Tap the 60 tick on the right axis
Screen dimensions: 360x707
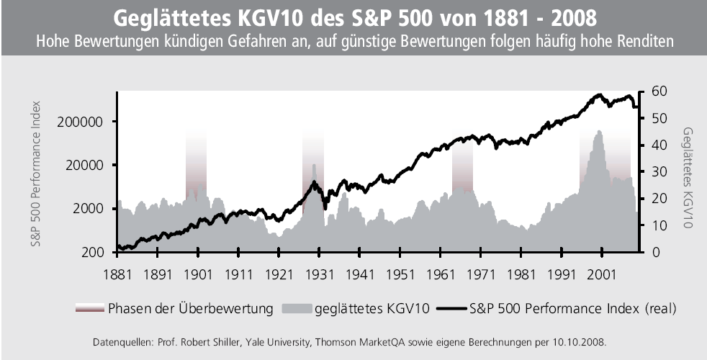pyautogui.click(x=659, y=91)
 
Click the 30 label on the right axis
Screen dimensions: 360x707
pyautogui.click(x=659, y=171)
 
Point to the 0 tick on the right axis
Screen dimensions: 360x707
pyautogui.click(x=656, y=252)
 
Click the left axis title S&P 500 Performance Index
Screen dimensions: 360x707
pyautogui.click(x=36, y=174)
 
